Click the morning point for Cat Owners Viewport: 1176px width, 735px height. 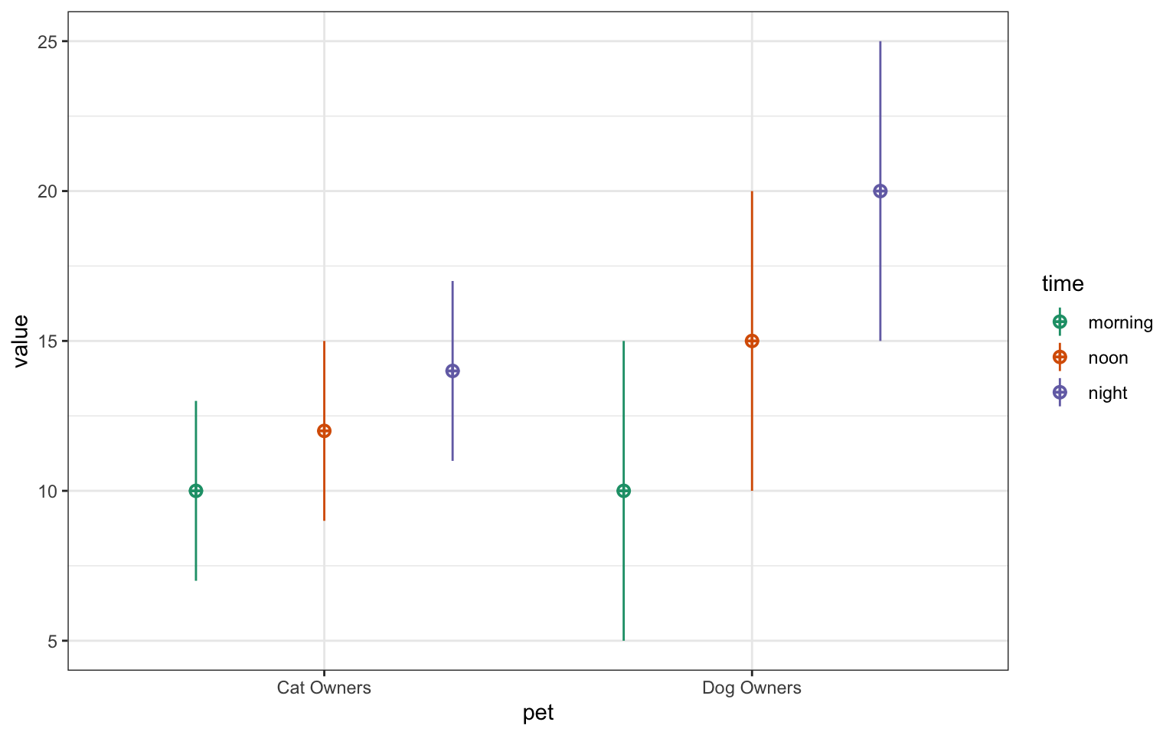(x=196, y=491)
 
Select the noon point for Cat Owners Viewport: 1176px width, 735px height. (x=324, y=431)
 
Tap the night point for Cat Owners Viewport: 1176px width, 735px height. (x=452, y=371)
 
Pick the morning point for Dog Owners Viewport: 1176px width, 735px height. (x=624, y=491)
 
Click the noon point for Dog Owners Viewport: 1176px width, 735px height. (x=752, y=341)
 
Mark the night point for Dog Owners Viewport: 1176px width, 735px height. (x=880, y=191)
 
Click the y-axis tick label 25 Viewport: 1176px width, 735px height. (x=47, y=41)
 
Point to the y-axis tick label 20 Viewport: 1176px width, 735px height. (x=47, y=191)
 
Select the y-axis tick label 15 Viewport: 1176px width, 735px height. (x=47, y=341)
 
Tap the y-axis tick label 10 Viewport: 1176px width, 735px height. (x=47, y=491)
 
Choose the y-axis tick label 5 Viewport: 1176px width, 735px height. (x=52, y=641)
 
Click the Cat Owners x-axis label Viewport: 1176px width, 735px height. (x=324, y=688)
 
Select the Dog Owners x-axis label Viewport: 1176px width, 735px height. (x=752, y=688)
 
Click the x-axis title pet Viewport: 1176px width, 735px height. (x=537, y=714)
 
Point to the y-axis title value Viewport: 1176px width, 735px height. (x=21, y=341)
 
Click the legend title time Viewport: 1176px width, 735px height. (x=1063, y=284)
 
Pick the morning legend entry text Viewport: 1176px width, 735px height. (x=1120, y=322)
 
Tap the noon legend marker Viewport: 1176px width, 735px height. (x=1060, y=358)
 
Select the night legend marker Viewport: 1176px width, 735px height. (x=1060, y=393)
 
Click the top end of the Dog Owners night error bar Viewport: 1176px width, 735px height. (x=880, y=42)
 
